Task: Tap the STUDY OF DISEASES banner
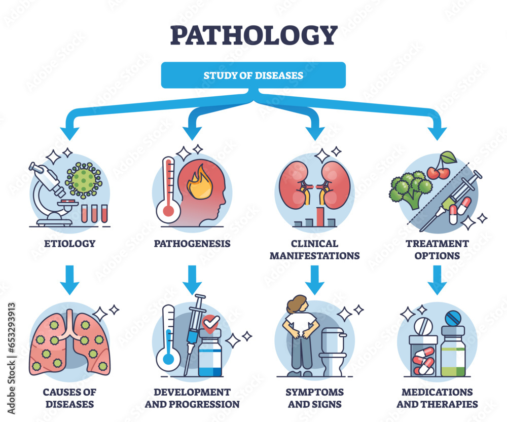tap(253, 75)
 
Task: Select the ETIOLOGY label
tap(69, 244)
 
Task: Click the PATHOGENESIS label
tap(192, 244)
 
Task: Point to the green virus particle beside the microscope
tap(84, 179)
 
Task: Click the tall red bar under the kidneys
tap(319, 215)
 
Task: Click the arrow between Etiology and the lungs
tap(69, 279)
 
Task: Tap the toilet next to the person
tap(335, 350)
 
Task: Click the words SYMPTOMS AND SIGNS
tap(314, 398)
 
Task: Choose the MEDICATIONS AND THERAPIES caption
tap(437, 398)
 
